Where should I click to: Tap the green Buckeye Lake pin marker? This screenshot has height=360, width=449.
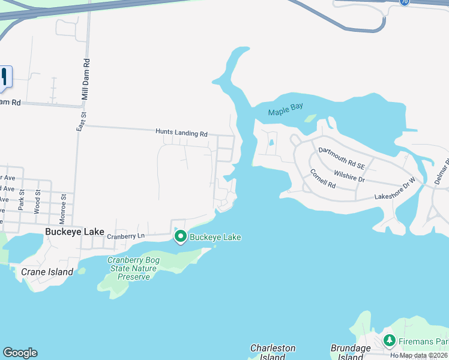point(181,237)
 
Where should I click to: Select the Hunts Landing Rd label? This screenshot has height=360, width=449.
point(181,133)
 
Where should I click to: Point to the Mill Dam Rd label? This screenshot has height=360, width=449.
point(86,79)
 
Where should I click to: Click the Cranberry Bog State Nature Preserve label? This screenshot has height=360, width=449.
point(132,268)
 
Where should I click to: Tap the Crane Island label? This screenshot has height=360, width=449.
point(47,272)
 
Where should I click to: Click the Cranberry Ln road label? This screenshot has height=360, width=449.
point(126,236)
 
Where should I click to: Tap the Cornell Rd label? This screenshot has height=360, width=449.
point(324,178)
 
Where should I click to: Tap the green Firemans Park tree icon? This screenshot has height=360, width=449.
point(390,341)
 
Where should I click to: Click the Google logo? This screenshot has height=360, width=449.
point(20,353)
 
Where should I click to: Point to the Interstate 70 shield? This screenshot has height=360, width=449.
point(405,2)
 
